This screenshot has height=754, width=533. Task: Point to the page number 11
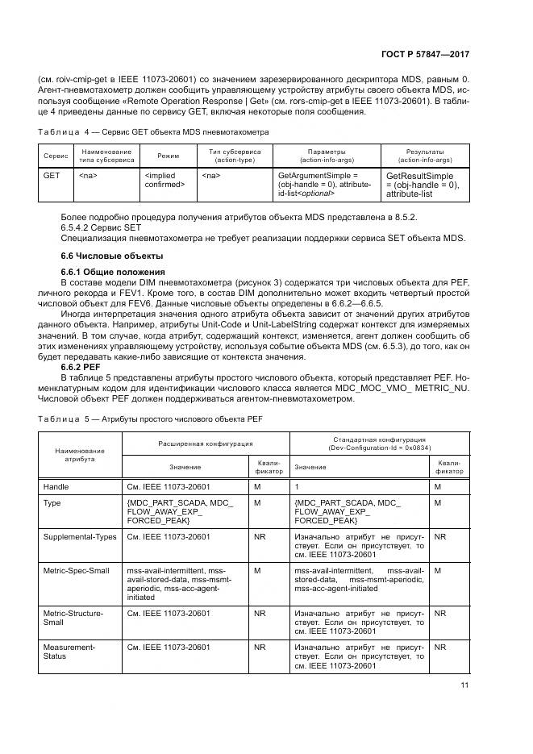[x=464, y=685]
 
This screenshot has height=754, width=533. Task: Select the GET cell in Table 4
[x=52, y=174]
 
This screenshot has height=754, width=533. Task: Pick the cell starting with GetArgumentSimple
[x=323, y=184]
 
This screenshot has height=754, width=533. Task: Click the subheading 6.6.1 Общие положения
[x=113, y=271]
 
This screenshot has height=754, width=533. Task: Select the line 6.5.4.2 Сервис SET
[x=106, y=228]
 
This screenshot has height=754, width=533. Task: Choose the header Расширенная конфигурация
[x=205, y=443]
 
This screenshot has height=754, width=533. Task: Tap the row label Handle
[x=56, y=487]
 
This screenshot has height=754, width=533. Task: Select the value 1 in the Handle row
[x=297, y=487]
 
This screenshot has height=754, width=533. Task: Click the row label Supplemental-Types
[x=79, y=536]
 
